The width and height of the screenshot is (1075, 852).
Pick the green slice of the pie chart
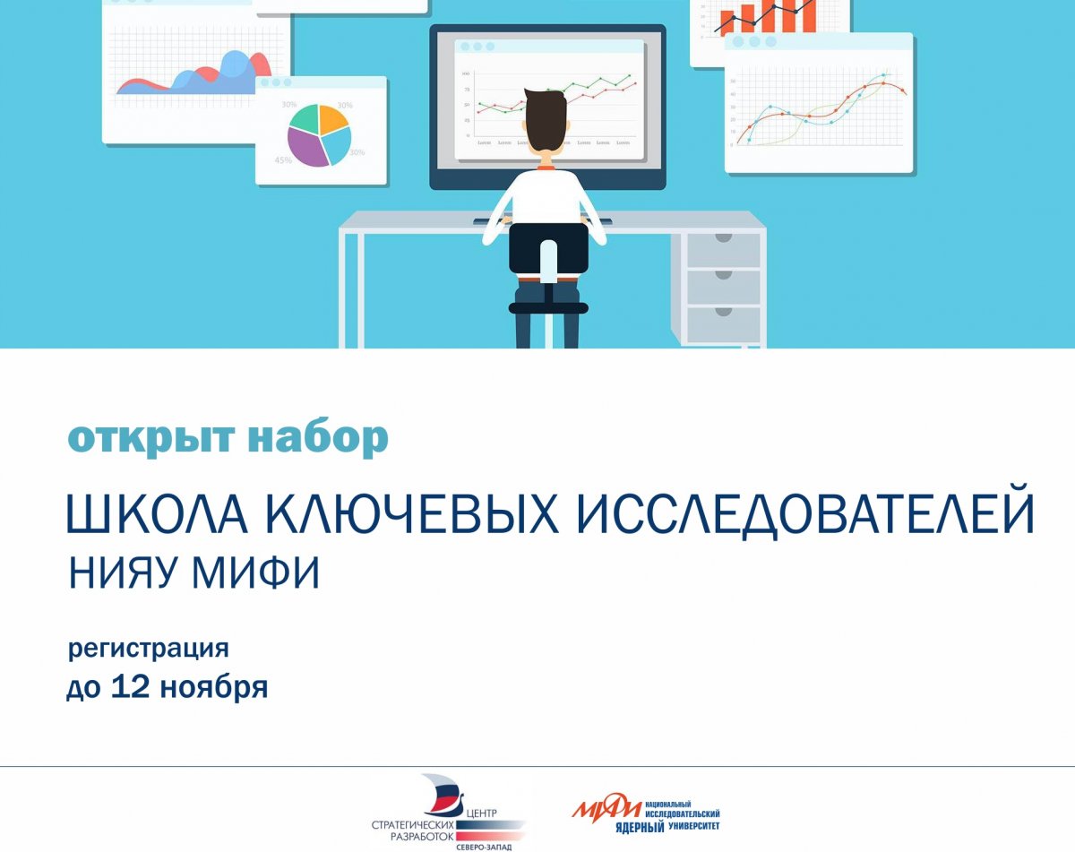tap(305, 117)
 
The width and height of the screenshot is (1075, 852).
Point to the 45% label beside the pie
tap(283, 160)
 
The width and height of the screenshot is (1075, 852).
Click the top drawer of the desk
tap(723, 250)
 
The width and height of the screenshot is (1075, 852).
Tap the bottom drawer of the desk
tap(723, 323)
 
